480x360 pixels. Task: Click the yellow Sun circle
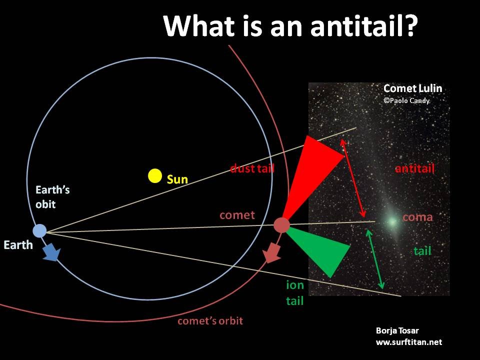click(155, 175)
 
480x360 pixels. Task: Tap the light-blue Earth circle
click(39, 231)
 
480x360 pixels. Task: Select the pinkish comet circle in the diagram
click(281, 225)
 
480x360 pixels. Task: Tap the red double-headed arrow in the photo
click(353, 178)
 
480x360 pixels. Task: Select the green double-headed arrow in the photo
click(375, 259)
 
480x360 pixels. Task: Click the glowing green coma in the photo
click(392, 221)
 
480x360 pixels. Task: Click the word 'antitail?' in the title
click(364, 25)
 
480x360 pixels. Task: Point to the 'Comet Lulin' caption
click(412, 88)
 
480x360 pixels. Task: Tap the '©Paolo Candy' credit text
click(406, 100)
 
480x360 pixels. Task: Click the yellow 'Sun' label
click(177, 179)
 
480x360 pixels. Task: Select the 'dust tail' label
click(252, 168)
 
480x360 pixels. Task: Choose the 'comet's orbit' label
click(210, 321)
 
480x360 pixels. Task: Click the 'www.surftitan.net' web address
click(409, 342)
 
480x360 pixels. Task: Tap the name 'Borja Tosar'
click(397, 330)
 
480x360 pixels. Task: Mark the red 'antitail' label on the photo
click(415, 168)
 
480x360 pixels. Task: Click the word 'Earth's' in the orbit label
click(52, 190)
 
